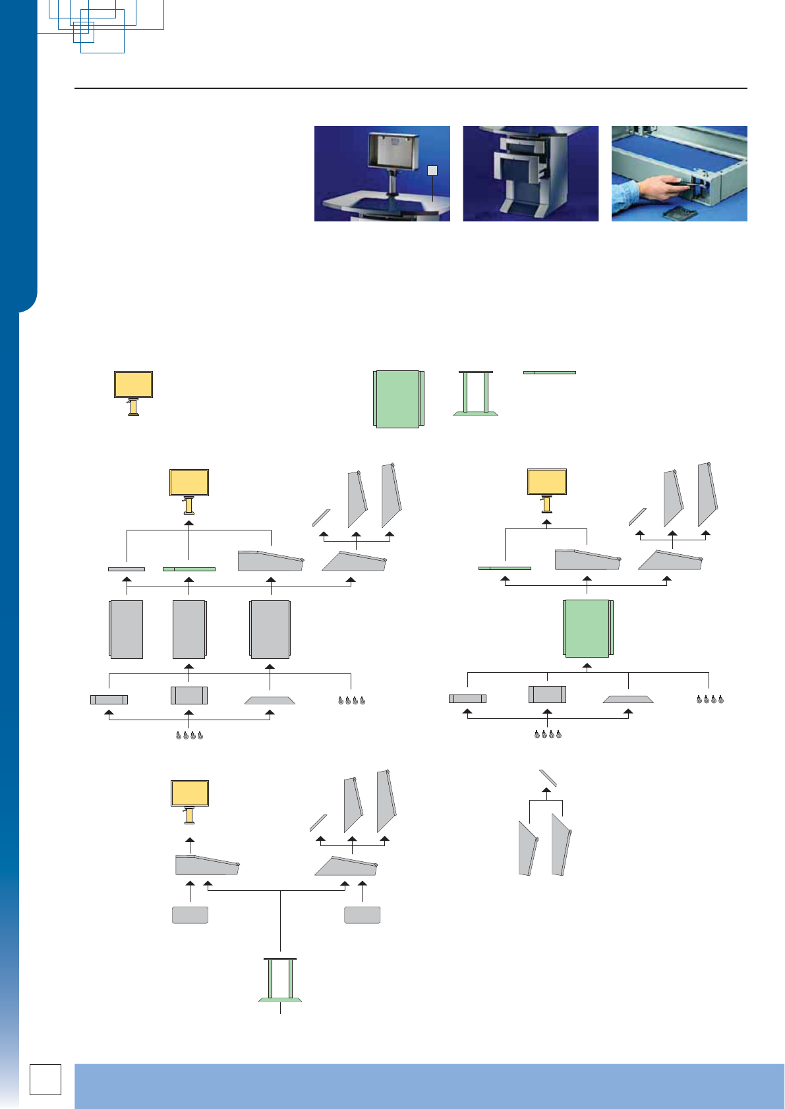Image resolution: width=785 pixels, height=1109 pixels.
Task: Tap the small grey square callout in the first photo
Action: (432, 171)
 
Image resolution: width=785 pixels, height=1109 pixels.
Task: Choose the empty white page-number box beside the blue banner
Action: (45, 1079)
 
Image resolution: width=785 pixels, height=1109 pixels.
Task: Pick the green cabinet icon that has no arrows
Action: (398, 399)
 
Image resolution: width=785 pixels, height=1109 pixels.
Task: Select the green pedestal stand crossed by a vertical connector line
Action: (280, 980)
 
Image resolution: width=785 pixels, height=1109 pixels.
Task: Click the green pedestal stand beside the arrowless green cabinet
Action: (476, 393)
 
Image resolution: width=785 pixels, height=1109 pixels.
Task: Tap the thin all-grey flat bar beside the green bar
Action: (127, 569)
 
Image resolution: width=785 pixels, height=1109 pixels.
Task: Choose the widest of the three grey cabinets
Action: (270, 629)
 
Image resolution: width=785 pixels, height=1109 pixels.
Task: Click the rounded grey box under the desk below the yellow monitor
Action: (190, 915)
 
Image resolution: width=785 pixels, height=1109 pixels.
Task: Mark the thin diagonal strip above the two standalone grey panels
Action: (548, 778)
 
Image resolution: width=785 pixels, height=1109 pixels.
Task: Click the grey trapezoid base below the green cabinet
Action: (628, 699)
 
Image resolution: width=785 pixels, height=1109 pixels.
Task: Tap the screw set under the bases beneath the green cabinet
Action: (548, 734)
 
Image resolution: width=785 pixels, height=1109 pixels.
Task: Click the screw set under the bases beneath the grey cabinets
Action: (190, 735)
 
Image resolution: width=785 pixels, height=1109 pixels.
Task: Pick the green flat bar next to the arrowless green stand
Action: (550, 372)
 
